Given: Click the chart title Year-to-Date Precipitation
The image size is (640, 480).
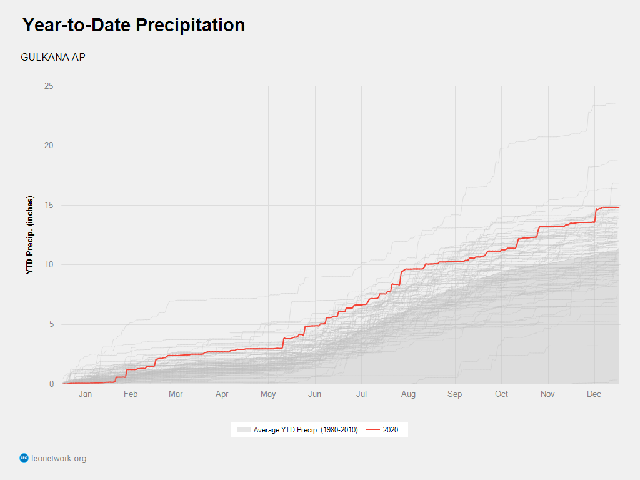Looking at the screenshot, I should click(x=134, y=25).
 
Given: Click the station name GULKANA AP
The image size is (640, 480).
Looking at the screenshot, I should click(x=53, y=57).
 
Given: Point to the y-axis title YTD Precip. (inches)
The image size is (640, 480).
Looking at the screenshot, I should click(x=30, y=236).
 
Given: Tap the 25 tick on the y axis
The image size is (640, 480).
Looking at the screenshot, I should click(x=48, y=86).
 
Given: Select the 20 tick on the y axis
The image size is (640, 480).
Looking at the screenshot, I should click(x=48, y=146).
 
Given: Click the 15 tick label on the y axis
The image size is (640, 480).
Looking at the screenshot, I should click(x=48, y=205).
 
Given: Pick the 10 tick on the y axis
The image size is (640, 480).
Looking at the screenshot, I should click(x=48, y=265).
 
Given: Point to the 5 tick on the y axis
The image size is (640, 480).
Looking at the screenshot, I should click(x=51, y=324).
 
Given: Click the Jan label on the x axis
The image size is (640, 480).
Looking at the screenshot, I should click(x=85, y=394).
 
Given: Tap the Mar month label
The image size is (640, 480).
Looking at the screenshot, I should click(x=176, y=394).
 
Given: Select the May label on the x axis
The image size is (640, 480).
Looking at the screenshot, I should click(x=268, y=394).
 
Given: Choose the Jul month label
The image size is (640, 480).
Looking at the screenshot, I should click(x=362, y=394).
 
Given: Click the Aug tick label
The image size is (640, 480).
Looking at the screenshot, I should click(x=408, y=394).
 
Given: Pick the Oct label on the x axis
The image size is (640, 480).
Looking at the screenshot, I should click(x=501, y=394).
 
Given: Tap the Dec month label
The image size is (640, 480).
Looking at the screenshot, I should click(x=594, y=394).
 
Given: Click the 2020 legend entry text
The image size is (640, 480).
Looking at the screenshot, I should click(x=391, y=430).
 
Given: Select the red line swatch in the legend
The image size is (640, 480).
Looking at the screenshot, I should click(x=372, y=430).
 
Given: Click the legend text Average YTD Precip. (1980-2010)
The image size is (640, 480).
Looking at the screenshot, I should click(x=306, y=430).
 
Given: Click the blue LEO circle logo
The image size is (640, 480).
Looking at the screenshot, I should click(x=24, y=458).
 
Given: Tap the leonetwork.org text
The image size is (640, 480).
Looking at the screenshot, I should click(x=59, y=459).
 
